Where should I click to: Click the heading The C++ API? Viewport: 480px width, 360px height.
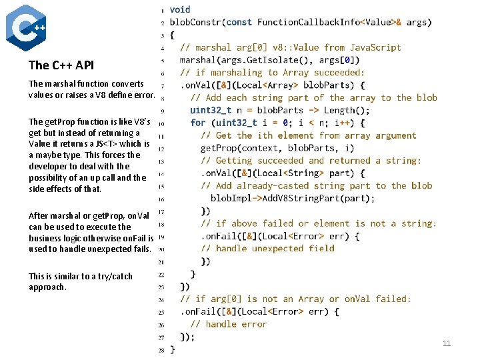[x=61, y=65]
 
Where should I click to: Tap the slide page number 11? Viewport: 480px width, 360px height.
[x=447, y=343]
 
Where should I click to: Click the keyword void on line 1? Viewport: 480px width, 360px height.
[x=180, y=9]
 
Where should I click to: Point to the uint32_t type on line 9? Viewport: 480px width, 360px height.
[x=211, y=111]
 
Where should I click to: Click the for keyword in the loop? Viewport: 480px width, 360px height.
[x=198, y=123]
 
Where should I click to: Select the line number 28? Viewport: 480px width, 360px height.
[x=161, y=350]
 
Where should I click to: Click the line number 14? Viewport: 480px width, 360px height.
[x=161, y=174]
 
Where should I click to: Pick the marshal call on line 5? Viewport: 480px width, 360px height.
[x=198, y=60]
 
